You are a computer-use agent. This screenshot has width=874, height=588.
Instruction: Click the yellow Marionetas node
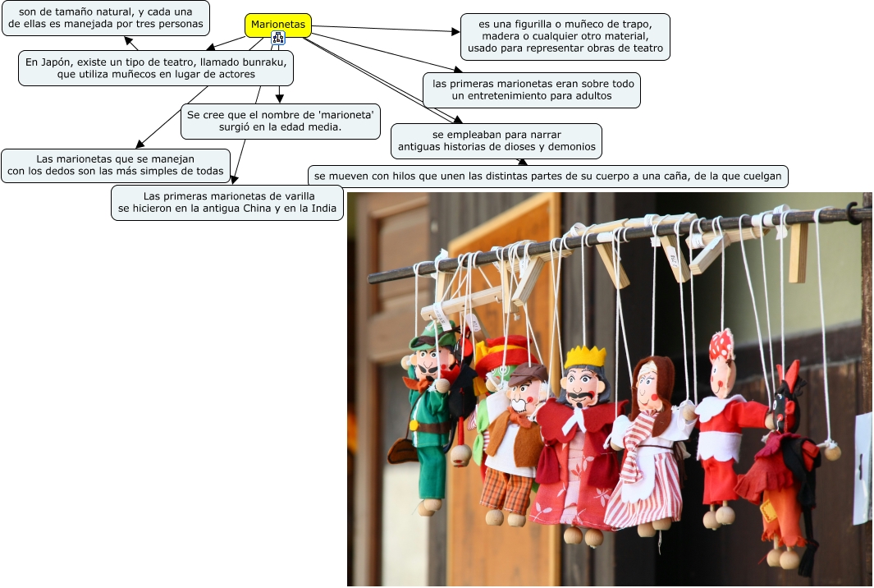tap(278, 25)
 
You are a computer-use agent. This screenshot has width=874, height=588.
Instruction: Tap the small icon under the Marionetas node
tap(278, 38)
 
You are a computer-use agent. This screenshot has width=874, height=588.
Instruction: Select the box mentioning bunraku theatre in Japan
tap(156, 68)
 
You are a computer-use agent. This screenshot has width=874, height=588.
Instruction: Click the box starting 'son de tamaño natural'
tap(106, 17)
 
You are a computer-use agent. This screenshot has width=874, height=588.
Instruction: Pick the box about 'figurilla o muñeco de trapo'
tap(565, 37)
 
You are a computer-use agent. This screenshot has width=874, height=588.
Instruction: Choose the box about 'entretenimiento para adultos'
tap(532, 90)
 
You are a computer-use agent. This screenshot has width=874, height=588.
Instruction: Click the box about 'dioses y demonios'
tap(496, 141)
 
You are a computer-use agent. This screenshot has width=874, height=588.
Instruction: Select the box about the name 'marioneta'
tap(281, 121)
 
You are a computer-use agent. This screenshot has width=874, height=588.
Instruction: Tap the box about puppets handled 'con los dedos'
tap(115, 165)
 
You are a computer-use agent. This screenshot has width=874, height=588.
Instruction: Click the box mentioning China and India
tap(227, 203)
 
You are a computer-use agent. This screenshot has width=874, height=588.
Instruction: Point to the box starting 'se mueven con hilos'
tap(549, 176)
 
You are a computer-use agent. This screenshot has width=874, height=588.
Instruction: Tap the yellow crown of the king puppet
tap(585, 356)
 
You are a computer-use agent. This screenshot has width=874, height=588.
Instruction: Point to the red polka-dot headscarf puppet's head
tap(722, 361)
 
